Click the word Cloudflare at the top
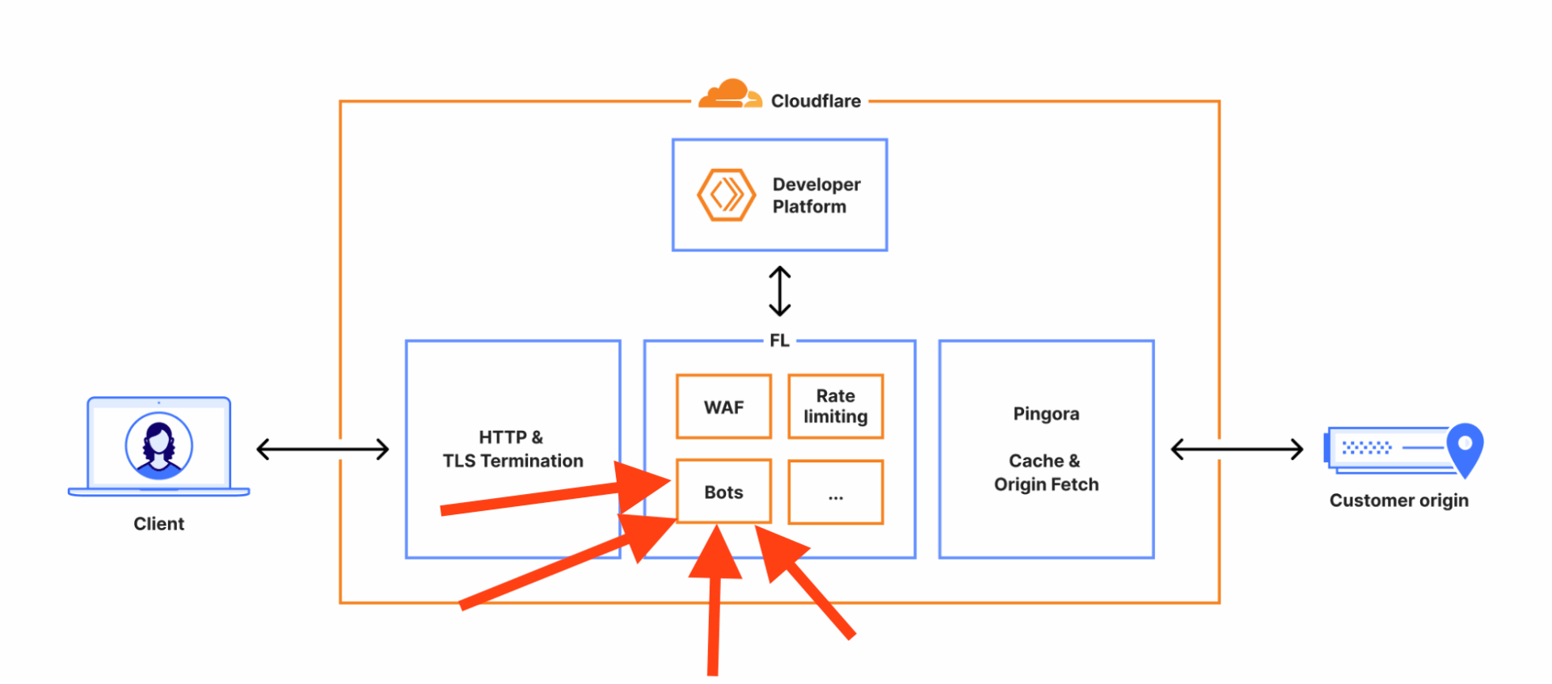pyautogui.click(x=816, y=101)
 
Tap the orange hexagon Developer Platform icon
pyautogui.click(x=726, y=195)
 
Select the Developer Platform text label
pyautogui.click(x=816, y=196)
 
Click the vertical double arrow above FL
pyautogui.click(x=779, y=292)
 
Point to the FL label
pyautogui.click(x=779, y=340)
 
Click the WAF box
pyautogui.click(x=723, y=407)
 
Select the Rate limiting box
pyautogui.click(x=835, y=407)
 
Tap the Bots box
pyautogui.click(x=723, y=492)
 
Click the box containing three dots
pyautogui.click(x=835, y=492)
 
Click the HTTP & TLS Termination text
pyautogui.click(x=512, y=449)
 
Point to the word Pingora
pyautogui.click(x=1046, y=414)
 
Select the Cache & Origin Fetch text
pyautogui.click(x=1046, y=472)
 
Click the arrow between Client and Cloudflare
pyautogui.click(x=323, y=449)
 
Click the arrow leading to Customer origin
pyautogui.click(x=1237, y=449)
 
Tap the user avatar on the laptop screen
pyautogui.click(x=159, y=445)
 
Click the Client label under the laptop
pyautogui.click(x=158, y=524)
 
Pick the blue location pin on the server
pyautogui.click(x=1464, y=447)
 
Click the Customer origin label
pyautogui.click(x=1398, y=500)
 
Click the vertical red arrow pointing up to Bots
pyautogui.click(x=714, y=614)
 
